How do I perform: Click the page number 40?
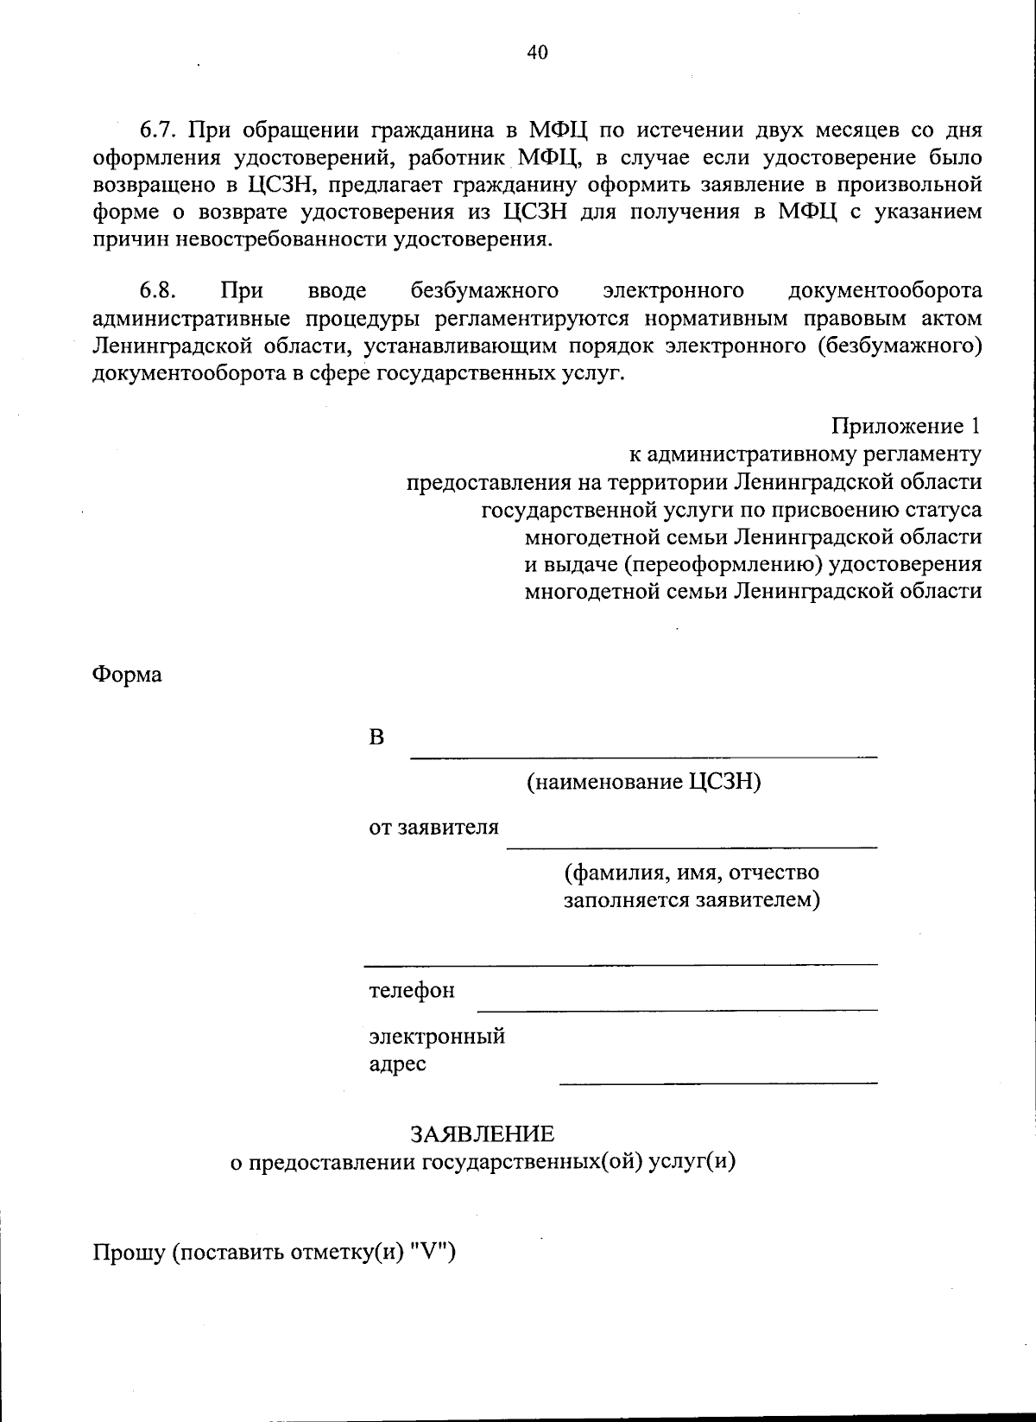coord(536,52)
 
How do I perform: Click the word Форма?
coord(127,674)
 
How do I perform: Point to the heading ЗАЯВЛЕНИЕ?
coord(482,1133)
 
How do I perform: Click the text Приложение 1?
coord(906,426)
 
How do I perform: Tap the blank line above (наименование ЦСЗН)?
coord(643,757)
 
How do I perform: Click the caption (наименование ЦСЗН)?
coord(644,783)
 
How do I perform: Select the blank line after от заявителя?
coord(691,847)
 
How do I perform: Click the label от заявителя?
coord(433,828)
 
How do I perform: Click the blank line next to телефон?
coord(677,1009)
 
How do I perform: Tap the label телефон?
coord(412,990)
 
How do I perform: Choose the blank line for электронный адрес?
coord(717,1082)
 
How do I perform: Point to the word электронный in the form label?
coord(437,1036)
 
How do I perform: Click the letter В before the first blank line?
coord(376,738)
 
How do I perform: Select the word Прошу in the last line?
coord(129,1253)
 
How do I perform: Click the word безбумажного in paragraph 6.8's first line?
coord(484,290)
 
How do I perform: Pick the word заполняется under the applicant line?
coord(627,899)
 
